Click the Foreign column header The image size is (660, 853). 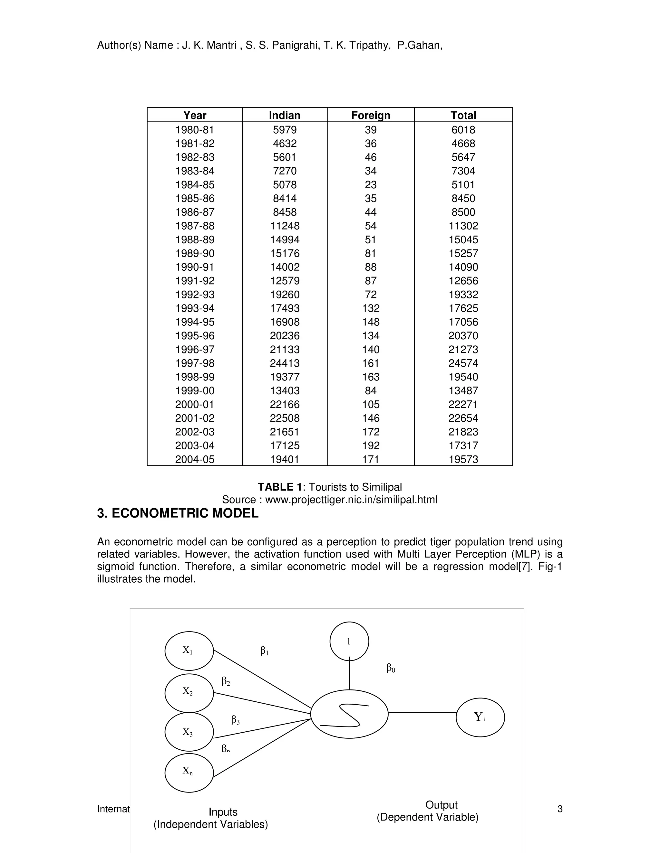click(x=370, y=115)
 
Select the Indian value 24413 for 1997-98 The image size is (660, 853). click(x=285, y=363)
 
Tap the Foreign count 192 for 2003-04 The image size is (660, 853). click(x=370, y=445)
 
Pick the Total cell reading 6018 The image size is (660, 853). click(x=463, y=130)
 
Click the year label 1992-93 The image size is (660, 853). click(x=195, y=295)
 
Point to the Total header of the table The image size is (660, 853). click(x=463, y=115)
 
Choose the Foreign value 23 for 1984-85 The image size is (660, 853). click(x=370, y=185)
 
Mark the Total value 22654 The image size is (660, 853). click(x=463, y=418)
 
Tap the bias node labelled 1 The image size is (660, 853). click(x=349, y=641)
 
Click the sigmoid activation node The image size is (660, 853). click(x=349, y=714)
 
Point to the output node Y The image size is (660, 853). click(x=480, y=717)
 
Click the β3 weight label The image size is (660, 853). click(x=235, y=719)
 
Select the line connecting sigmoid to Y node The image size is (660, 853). click(x=422, y=712)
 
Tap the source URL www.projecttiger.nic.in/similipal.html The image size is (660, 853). click(x=351, y=500)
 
